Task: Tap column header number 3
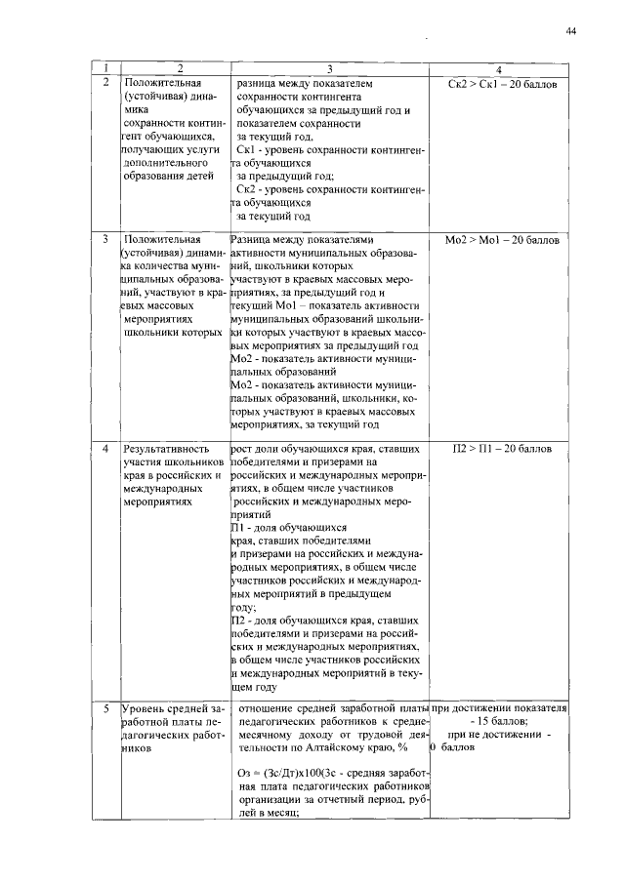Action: pos(330,69)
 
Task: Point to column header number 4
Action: pos(500,69)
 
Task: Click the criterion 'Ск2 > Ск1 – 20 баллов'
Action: pos(501,85)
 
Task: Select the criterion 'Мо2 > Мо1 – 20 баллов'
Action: pos(501,238)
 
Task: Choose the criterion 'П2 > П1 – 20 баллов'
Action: pos(501,450)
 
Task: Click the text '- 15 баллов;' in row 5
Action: pos(499,720)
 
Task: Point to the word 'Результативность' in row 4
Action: pos(163,450)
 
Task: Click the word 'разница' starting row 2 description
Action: pos(259,85)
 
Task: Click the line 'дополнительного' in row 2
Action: pos(162,164)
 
